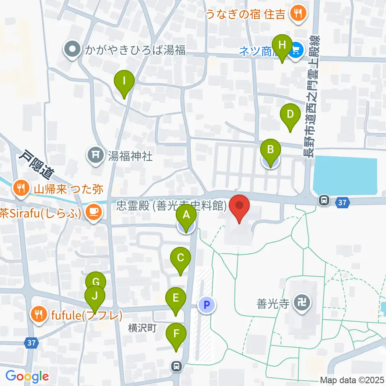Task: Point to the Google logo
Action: pyautogui.click(x=27, y=376)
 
